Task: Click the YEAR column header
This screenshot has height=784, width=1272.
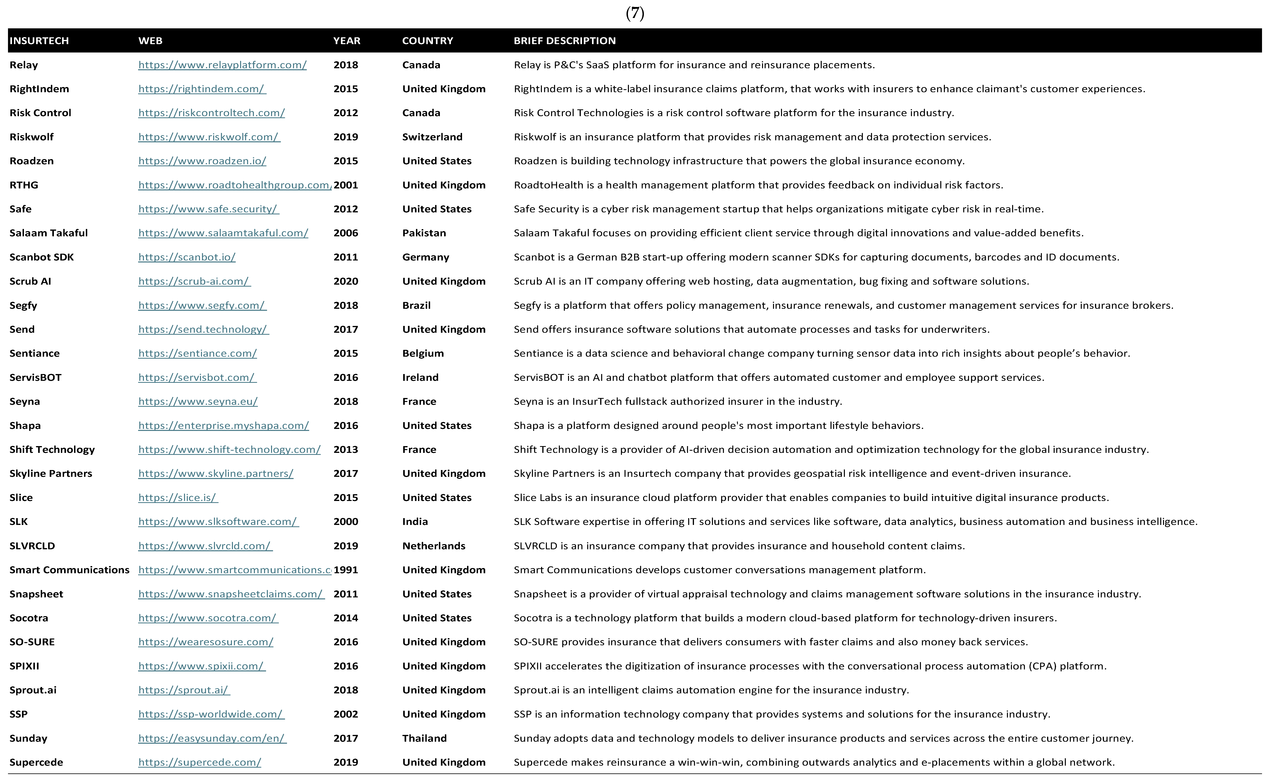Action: pyautogui.click(x=346, y=41)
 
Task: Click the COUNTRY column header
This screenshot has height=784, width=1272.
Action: pyautogui.click(x=427, y=41)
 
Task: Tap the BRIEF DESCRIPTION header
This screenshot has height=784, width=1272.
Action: pyautogui.click(x=564, y=41)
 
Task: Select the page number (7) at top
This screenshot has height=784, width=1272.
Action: pyautogui.click(x=635, y=13)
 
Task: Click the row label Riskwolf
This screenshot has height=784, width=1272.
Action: pyautogui.click(x=32, y=137)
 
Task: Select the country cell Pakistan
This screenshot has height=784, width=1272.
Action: pyautogui.click(x=424, y=233)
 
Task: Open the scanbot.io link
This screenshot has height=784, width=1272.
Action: pyautogui.click(x=187, y=257)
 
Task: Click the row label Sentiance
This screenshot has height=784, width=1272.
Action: pyautogui.click(x=34, y=353)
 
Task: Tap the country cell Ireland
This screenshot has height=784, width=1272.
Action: pyautogui.click(x=420, y=377)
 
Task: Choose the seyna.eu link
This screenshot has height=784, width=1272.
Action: pyautogui.click(x=198, y=401)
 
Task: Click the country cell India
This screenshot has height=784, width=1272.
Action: pyautogui.click(x=415, y=522)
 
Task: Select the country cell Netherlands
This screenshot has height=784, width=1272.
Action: pyautogui.click(x=434, y=546)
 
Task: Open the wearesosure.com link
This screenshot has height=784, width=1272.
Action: pyautogui.click(x=205, y=642)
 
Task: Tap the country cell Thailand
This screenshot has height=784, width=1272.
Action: pyautogui.click(x=424, y=738)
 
